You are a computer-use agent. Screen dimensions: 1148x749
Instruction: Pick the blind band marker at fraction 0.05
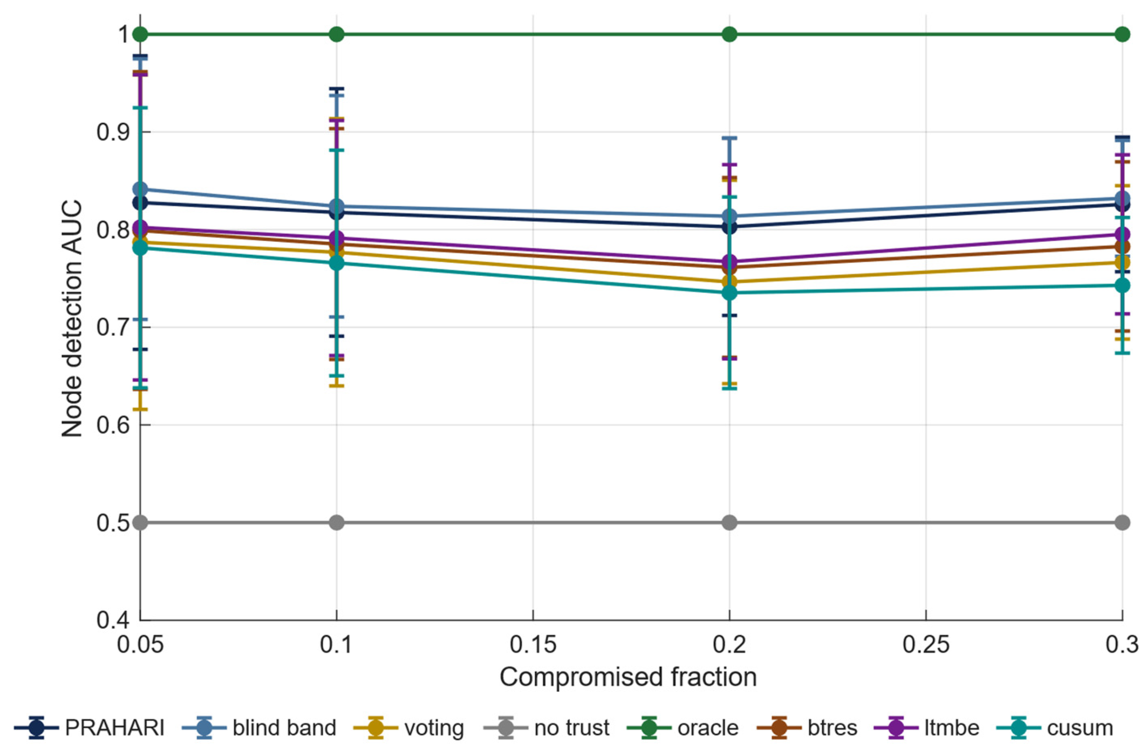[x=141, y=189]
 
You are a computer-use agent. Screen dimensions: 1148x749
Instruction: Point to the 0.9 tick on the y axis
[x=113, y=132]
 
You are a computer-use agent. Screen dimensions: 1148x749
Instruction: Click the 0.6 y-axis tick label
[x=113, y=425]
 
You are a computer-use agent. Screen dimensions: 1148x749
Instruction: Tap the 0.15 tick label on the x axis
[x=533, y=645]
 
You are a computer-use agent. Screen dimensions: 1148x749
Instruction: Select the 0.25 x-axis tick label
[x=926, y=645]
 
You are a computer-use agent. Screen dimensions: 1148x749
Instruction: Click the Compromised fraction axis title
[x=628, y=678]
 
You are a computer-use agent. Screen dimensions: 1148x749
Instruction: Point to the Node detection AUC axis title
[x=72, y=319]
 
